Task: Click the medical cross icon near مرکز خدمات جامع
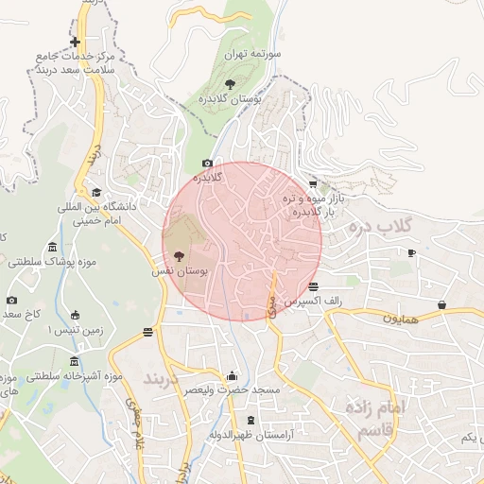tap(75, 42)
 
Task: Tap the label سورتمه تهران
tap(253, 56)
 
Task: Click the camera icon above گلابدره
tap(208, 164)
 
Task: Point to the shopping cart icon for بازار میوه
tap(313, 184)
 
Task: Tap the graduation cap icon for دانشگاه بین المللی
tap(96, 192)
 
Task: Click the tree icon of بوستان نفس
tap(179, 255)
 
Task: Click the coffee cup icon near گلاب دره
tap(411, 252)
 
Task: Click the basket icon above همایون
tap(442, 304)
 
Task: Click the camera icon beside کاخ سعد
tap(11, 301)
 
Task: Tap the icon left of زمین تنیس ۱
tap(76, 315)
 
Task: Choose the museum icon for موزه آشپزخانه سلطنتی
tap(74, 363)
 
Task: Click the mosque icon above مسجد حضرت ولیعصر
tap(232, 375)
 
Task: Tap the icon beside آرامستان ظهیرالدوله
tap(250, 420)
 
